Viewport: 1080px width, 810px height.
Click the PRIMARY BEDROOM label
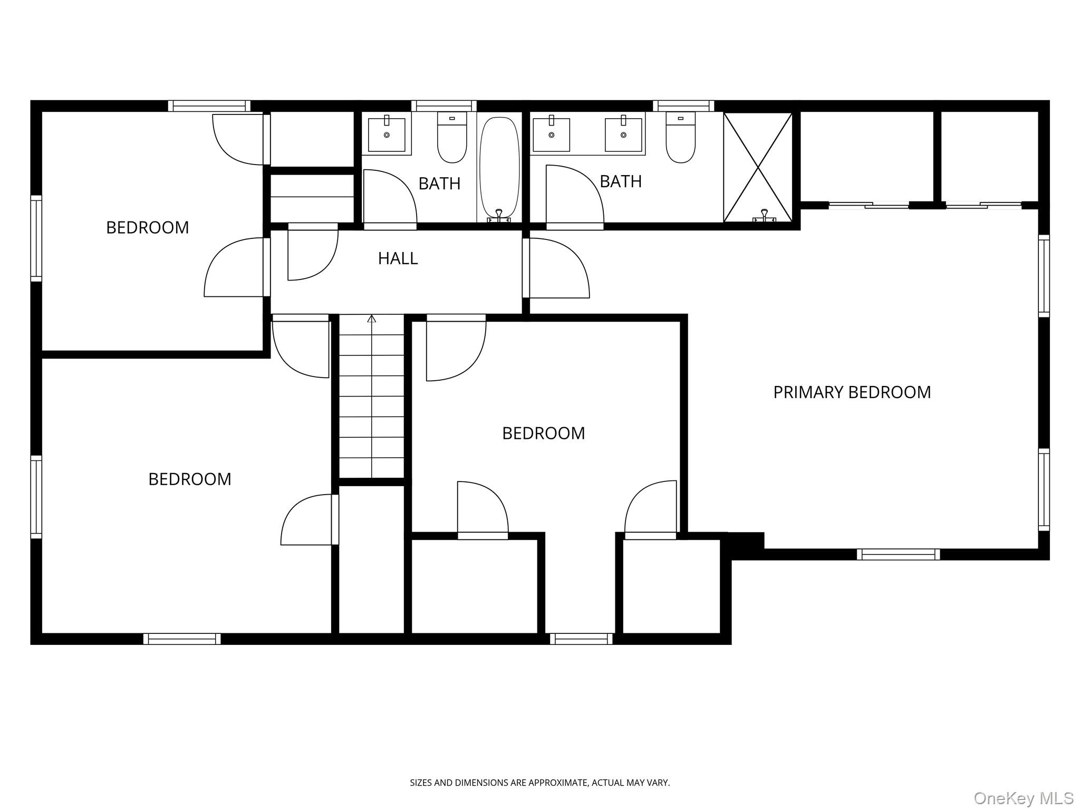coord(852,392)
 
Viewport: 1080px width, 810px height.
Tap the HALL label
coord(398,258)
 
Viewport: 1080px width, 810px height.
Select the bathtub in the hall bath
coord(499,168)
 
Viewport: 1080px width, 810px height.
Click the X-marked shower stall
coord(758,168)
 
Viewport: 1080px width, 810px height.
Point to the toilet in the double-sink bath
coord(680,138)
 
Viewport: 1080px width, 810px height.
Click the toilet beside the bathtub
coord(452,138)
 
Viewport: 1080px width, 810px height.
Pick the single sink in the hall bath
coord(387,134)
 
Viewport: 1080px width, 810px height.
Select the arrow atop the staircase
coord(372,319)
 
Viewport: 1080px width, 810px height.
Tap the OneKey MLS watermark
coord(1023,798)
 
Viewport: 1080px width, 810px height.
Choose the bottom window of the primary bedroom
coord(898,554)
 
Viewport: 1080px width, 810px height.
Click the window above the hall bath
coord(443,105)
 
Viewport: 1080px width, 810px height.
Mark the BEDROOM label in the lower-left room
coord(190,479)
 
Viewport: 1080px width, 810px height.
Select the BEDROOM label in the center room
coord(543,433)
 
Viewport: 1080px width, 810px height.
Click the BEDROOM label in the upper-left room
coord(148,228)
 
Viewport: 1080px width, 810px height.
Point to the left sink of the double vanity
coord(552,134)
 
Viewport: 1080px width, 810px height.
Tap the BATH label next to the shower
coord(621,181)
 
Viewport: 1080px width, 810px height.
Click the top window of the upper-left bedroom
coord(209,105)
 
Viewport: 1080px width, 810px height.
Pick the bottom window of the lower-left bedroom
coord(182,639)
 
